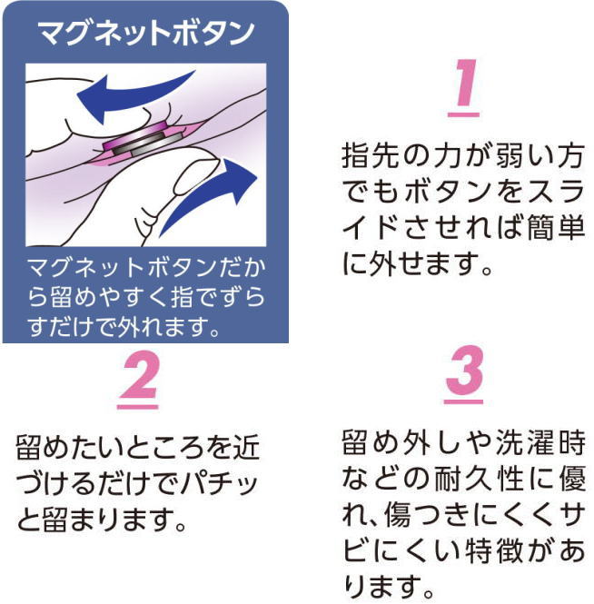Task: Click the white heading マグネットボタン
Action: pyautogui.click(x=146, y=33)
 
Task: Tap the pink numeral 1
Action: pyautogui.click(x=465, y=83)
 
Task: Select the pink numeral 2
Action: pyautogui.click(x=140, y=376)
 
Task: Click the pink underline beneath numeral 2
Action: pyautogui.click(x=137, y=407)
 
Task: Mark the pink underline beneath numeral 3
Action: pyautogui.click(x=463, y=401)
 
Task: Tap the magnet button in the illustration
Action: pyautogui.click(x=144, y=141)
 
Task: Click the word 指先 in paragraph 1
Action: pyautogui.click(x=372, y=155)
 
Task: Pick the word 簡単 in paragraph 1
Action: pyautogui.click(x=555, y=227)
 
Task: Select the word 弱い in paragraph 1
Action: pyautogui.click(x=525, y=155)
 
